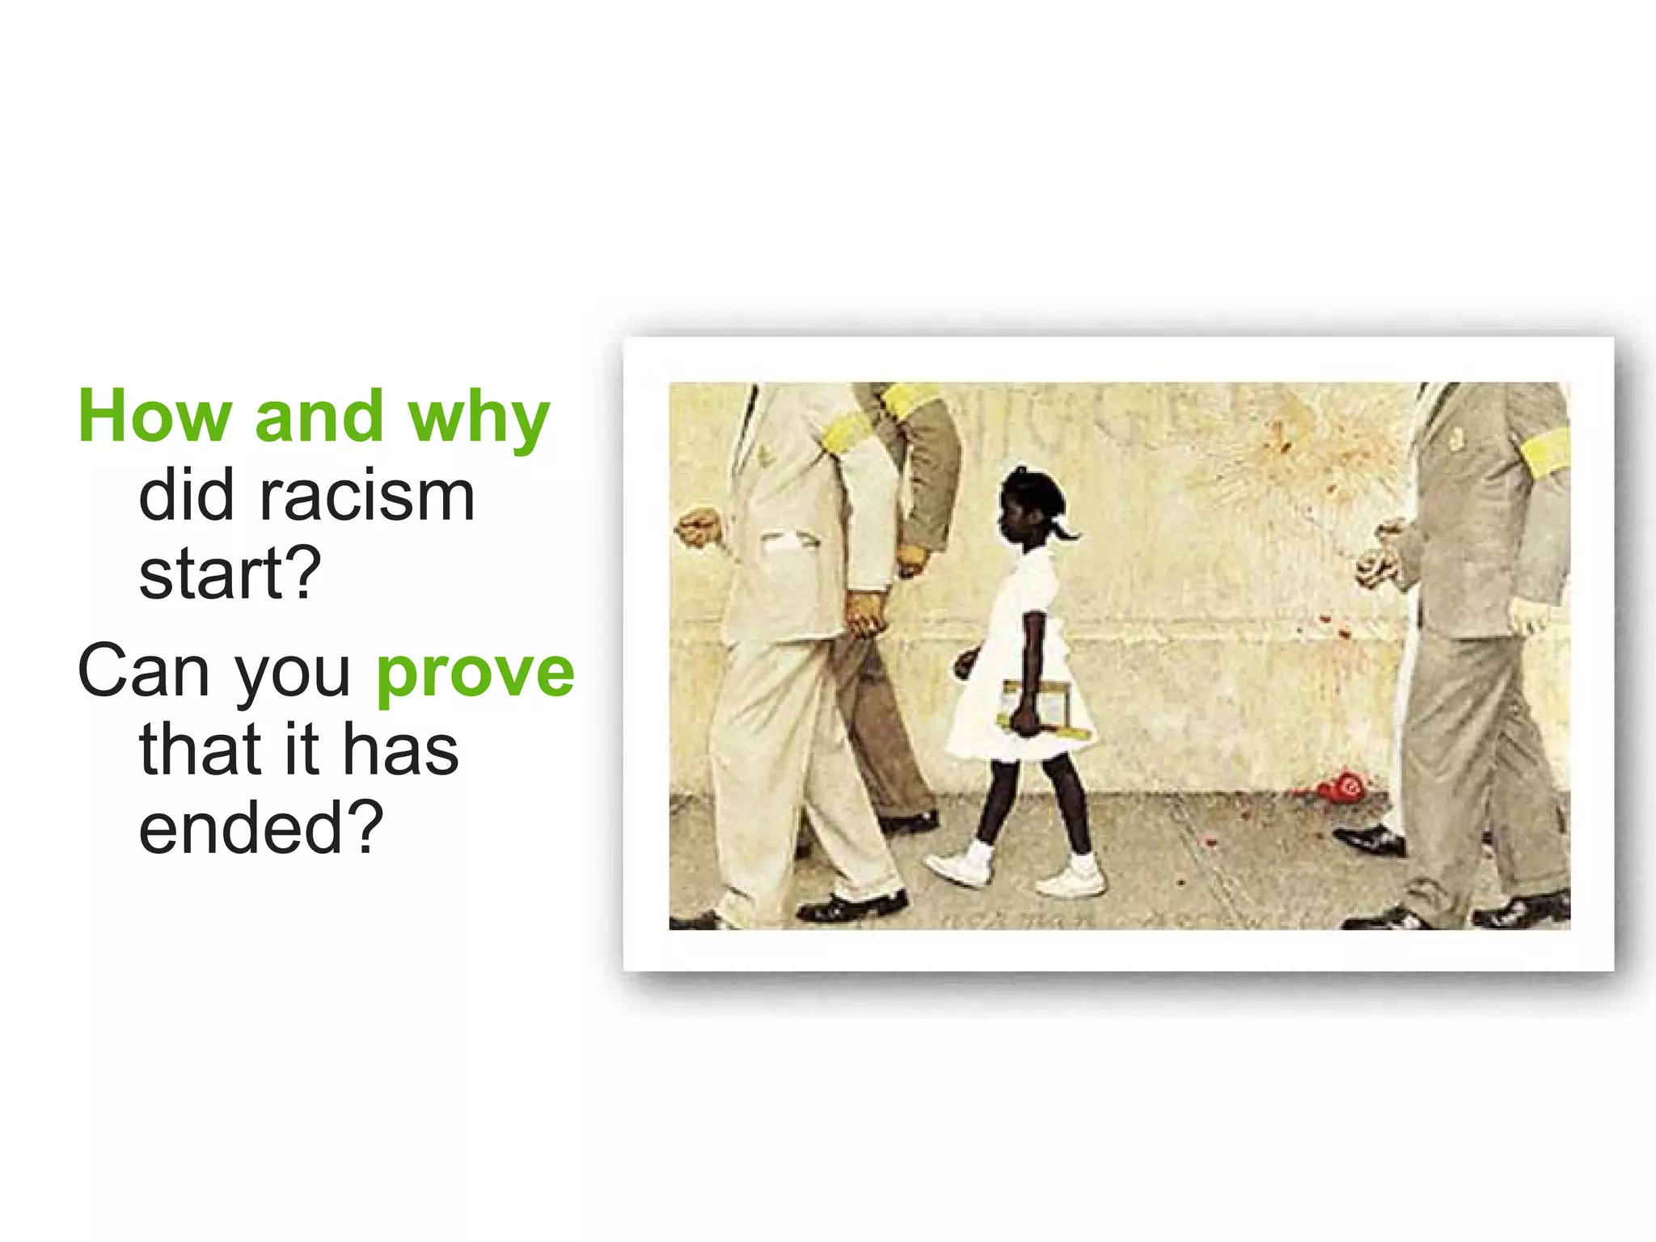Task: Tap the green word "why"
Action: [479, 419]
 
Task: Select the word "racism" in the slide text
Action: [366, 496]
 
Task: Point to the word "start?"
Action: [230, 573]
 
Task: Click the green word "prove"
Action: [475, 673]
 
